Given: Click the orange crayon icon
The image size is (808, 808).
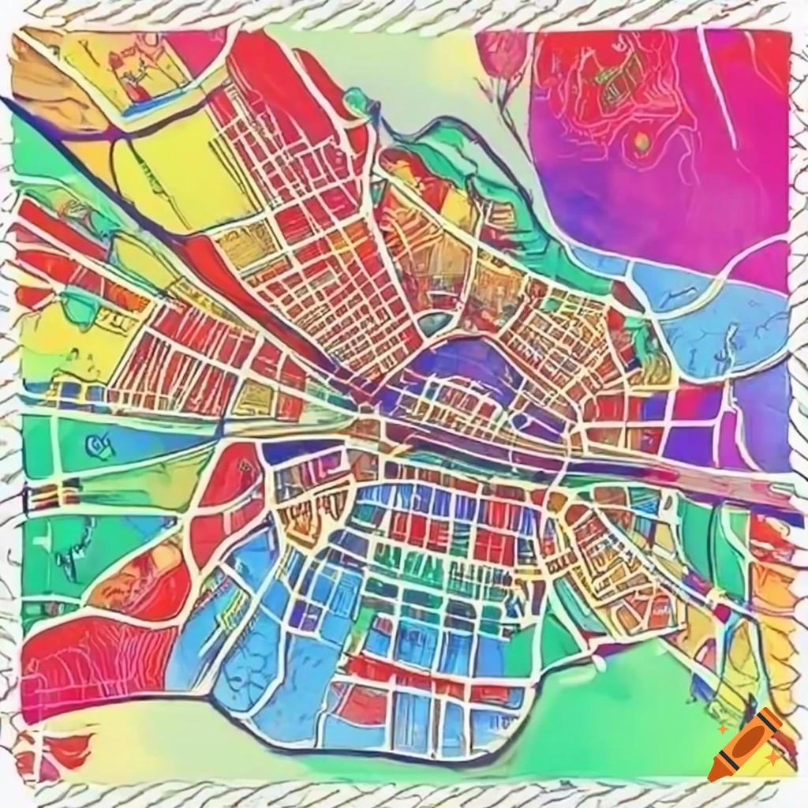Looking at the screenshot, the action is click(744, 745).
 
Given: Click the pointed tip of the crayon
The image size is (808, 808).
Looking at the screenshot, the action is click(713, 776).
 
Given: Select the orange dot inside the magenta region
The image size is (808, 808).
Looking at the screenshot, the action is click(642, 143).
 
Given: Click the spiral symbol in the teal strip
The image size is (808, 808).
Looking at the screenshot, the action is click(101, 447).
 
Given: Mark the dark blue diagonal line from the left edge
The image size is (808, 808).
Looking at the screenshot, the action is click(79, 150).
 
